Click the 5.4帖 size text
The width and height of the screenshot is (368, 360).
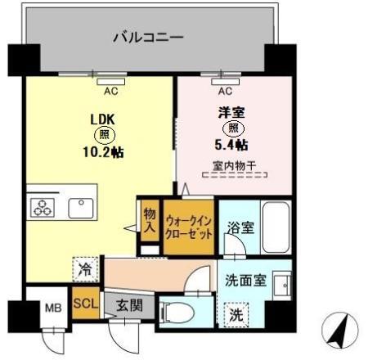[x=231, y=146]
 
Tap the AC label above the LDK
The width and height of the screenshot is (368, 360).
[x=110, y=92]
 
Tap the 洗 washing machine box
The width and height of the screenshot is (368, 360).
[x=234, y=314]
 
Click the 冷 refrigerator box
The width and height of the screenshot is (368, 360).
[x=86, y=267]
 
